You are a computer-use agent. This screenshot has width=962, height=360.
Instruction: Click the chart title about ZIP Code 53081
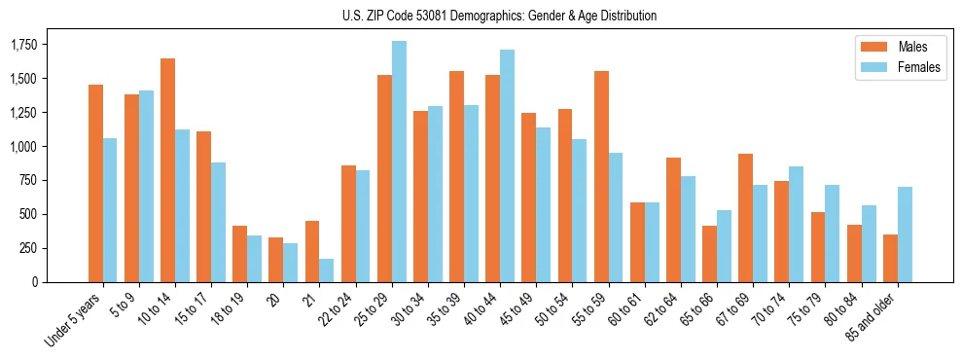500,16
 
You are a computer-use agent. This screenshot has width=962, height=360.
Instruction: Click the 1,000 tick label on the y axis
24,147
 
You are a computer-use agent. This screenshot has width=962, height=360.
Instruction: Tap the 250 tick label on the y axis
29,248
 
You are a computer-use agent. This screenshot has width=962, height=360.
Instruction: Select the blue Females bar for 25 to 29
400,162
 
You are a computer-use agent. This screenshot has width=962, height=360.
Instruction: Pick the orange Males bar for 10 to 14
167,170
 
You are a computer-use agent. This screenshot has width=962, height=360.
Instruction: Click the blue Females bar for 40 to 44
508,165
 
